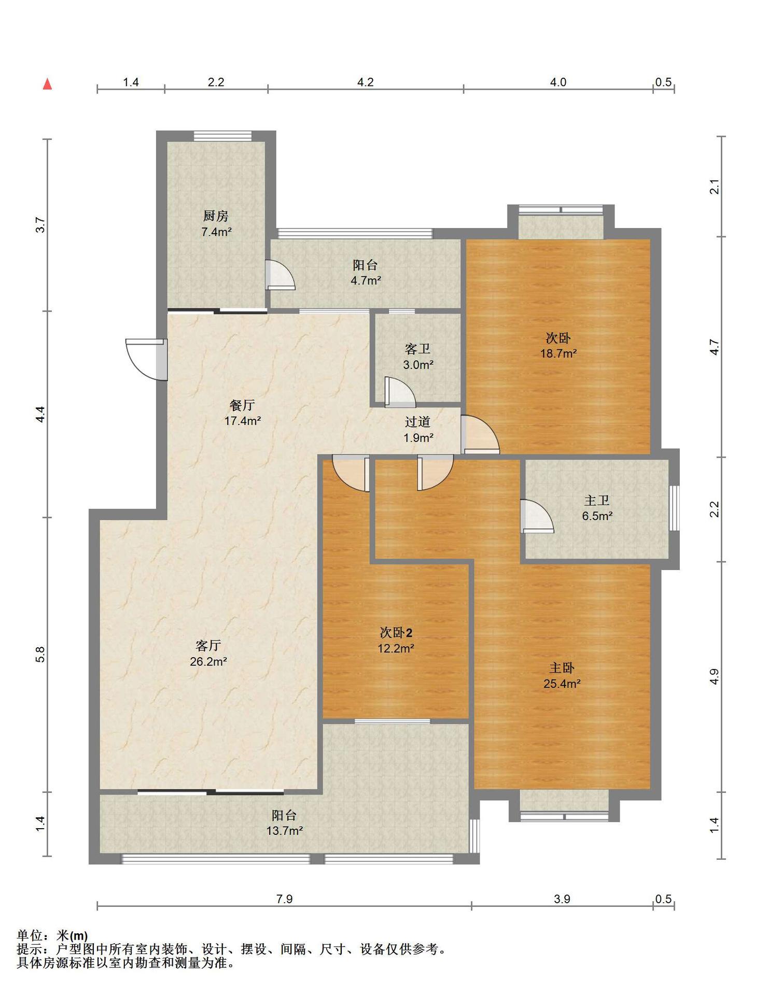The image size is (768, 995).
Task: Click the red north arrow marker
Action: tap(47, 83)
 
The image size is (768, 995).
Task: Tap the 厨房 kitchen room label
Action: tap(216, 216)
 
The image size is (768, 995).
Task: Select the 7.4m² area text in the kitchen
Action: tap(216, 232)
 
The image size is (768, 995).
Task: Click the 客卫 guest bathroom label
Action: tap(417, 349)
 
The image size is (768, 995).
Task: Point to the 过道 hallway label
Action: tap(417, 422)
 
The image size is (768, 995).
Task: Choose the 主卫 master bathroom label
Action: tap(597, 501)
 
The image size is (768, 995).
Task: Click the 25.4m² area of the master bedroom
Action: tap(562, 684)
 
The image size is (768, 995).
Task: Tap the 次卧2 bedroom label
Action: tap(396, 632)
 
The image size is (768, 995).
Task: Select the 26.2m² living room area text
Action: tap(208, 661)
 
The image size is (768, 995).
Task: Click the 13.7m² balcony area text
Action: tap(284, 831)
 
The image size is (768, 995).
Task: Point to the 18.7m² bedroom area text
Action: tap(558, 353)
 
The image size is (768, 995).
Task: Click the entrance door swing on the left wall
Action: tap(147, 360)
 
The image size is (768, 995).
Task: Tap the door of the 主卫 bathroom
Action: tap(537, 516)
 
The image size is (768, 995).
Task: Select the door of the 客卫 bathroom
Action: tap(400, 392)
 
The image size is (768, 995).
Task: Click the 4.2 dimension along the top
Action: tap(366, 82)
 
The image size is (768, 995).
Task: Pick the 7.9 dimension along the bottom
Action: tap(284, 899)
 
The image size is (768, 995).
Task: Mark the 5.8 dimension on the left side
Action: tap(40, 655)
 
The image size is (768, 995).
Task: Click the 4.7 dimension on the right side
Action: tap(715, 347)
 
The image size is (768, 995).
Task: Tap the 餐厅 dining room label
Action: tap(242, 405)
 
